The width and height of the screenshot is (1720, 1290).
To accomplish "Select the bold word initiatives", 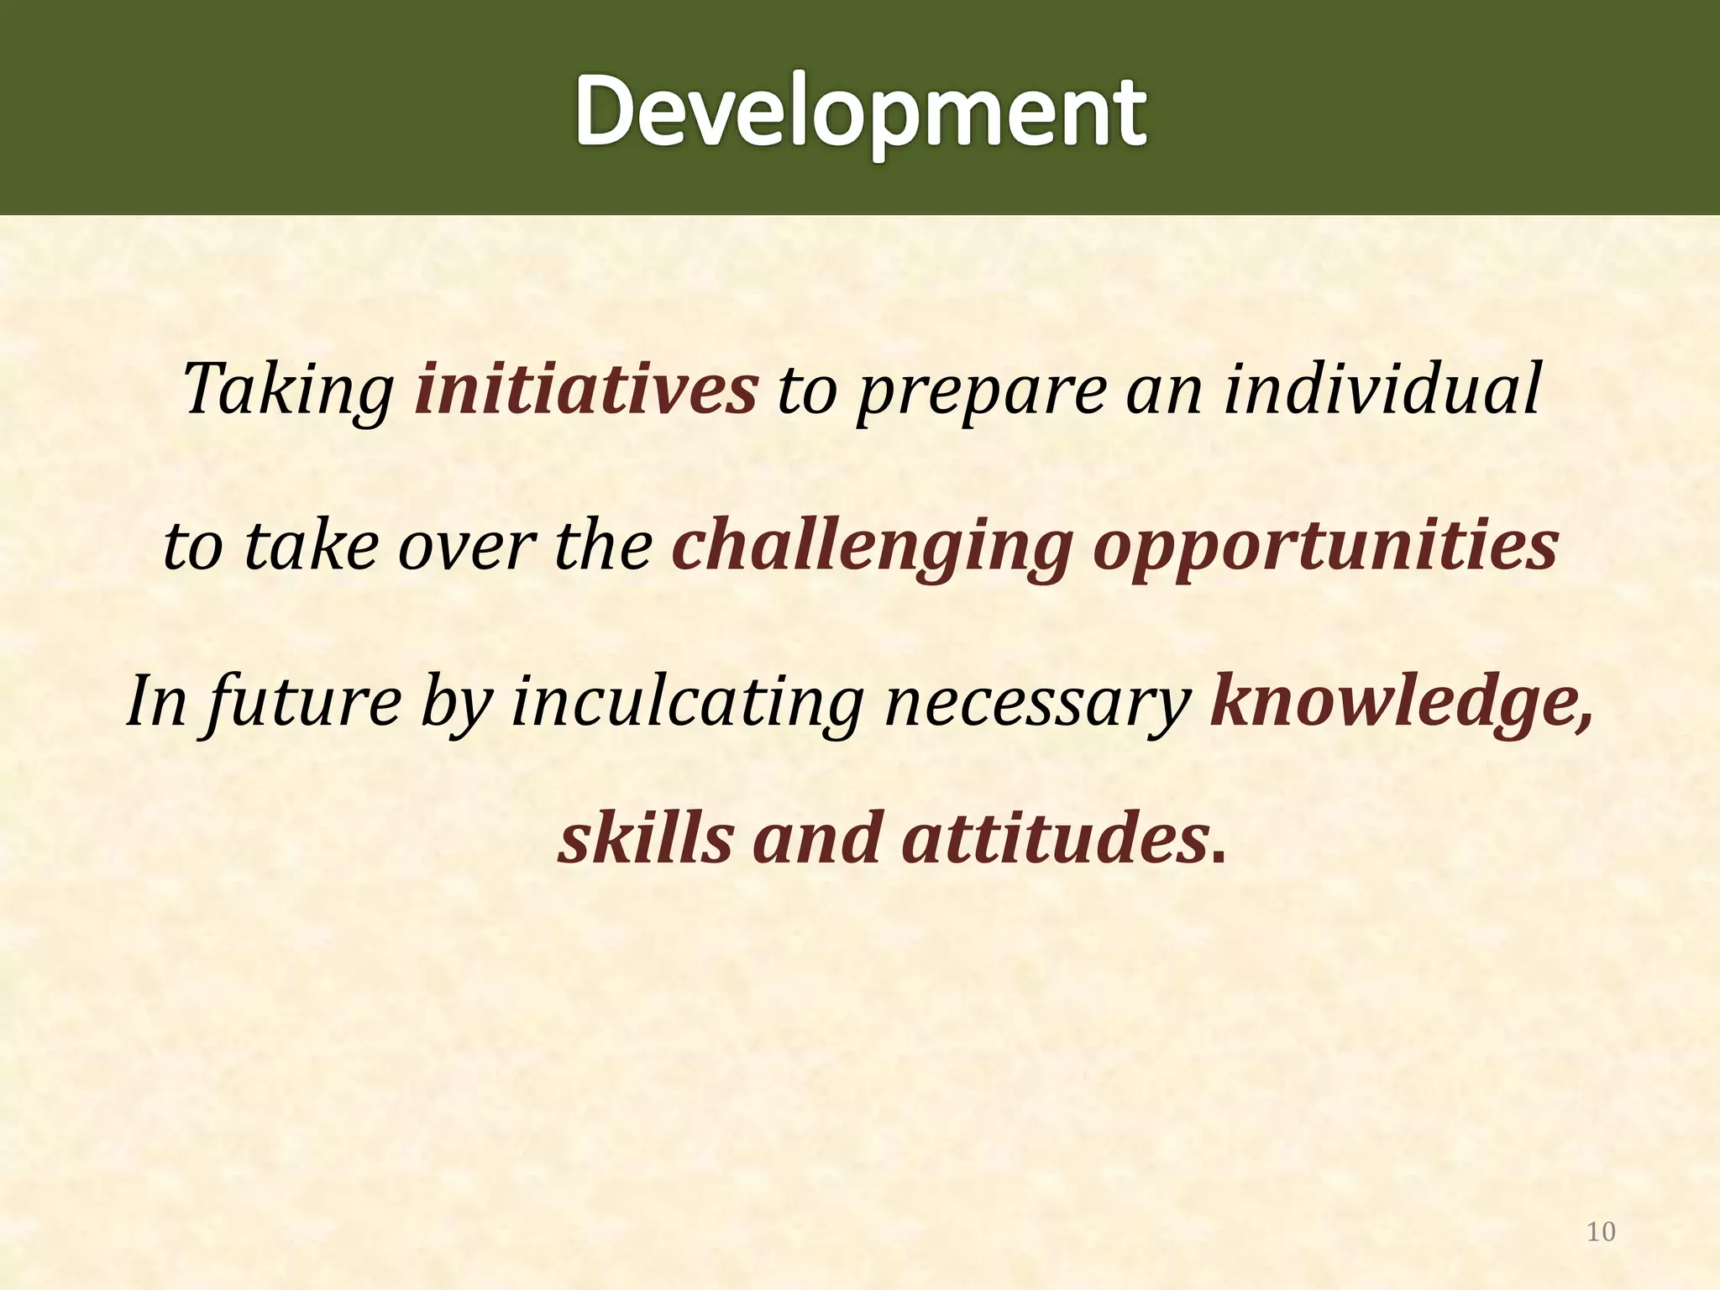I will coord(586,389).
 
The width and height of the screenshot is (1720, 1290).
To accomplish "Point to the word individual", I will coord(1381,389).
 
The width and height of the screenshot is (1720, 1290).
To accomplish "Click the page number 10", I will coord(1601,1232).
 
